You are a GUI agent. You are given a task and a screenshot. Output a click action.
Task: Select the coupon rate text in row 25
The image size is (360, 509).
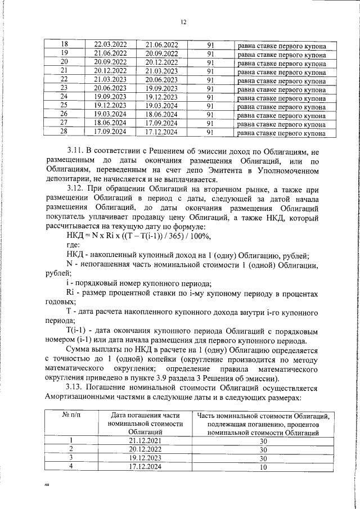click(x=281, y=106)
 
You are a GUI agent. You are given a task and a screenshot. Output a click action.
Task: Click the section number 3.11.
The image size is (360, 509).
click(x=75, y=151)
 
